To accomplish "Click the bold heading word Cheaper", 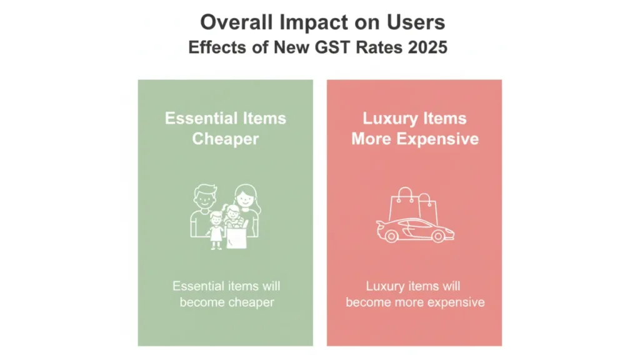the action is click(225, 139).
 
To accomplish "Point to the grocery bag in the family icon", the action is click(237, 237).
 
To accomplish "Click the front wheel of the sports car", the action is click(438, 236).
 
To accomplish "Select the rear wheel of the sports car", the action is click(391, 236).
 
